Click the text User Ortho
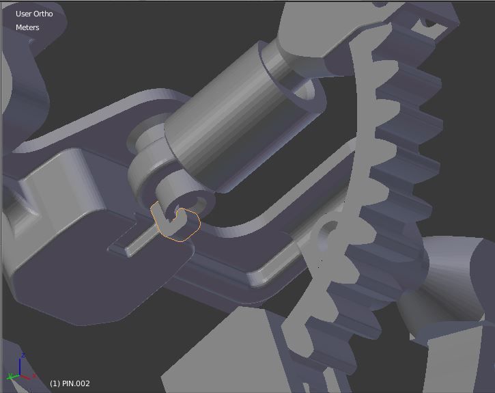(34, 14)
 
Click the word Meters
(27, 27)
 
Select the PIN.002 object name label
(70, 383)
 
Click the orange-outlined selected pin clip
(179, 224)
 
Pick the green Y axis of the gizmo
(12, 377)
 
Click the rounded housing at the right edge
(457, 287)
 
